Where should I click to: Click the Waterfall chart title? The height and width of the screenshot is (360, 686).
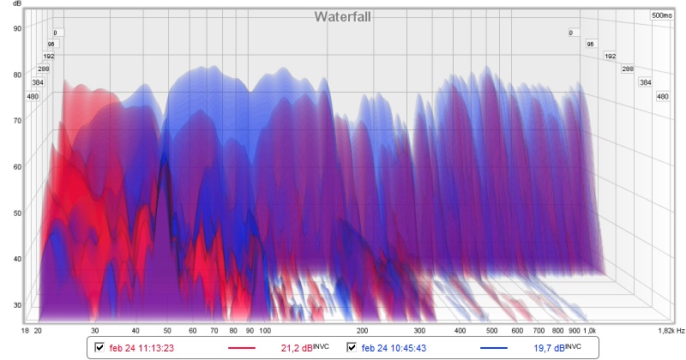[x=341, y=16]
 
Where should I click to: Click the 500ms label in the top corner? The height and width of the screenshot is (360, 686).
[x=661, y=15]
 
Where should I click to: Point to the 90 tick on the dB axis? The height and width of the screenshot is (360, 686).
[x=16, y=28]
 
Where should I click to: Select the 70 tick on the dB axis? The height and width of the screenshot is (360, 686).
[x=16, y=121]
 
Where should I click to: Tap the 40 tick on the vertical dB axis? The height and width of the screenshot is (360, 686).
[x=16, y=259]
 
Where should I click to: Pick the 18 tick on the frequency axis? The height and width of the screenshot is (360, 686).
[x=26, y=329]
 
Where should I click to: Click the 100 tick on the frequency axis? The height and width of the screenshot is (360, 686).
[x=265, y=329]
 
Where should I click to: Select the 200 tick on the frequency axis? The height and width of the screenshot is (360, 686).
[x=362, y=329]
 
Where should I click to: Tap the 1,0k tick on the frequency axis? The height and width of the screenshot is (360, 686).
[x=590, y=329]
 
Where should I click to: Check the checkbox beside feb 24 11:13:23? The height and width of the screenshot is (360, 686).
[x=100, y=347]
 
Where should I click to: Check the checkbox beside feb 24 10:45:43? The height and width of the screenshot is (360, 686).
[x=352, y=347]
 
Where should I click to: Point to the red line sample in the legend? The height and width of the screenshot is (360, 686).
[x=242, y=348]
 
